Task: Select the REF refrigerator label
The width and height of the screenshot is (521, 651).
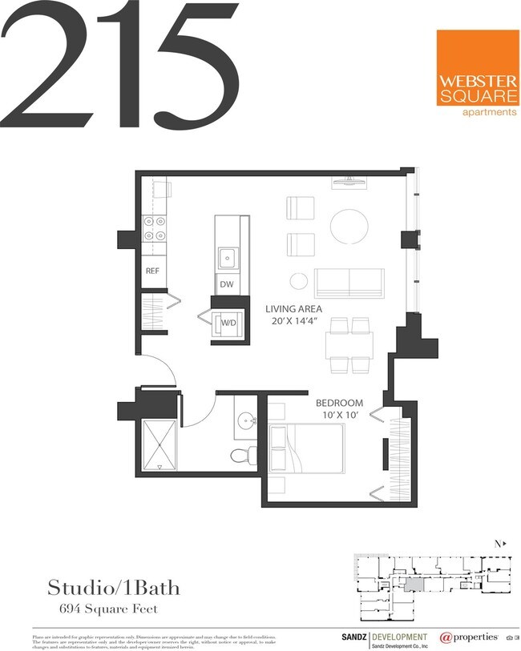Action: coord(152,271)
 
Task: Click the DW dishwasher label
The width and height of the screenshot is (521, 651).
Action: coord(226,284)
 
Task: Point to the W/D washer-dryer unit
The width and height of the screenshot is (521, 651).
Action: coord(228,323)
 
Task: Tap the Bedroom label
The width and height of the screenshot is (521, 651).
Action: coord(339,403)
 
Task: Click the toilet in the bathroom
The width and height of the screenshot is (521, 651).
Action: coord(241,456)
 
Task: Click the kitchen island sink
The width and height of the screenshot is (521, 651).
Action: coord(228,257)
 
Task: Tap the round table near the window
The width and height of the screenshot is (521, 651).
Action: coord(349,227)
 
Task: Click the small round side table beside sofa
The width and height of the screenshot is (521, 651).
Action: coord(298,281)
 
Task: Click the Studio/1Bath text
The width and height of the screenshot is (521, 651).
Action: coord(114,589)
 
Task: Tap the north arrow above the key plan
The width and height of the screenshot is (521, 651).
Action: coord(500,544)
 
